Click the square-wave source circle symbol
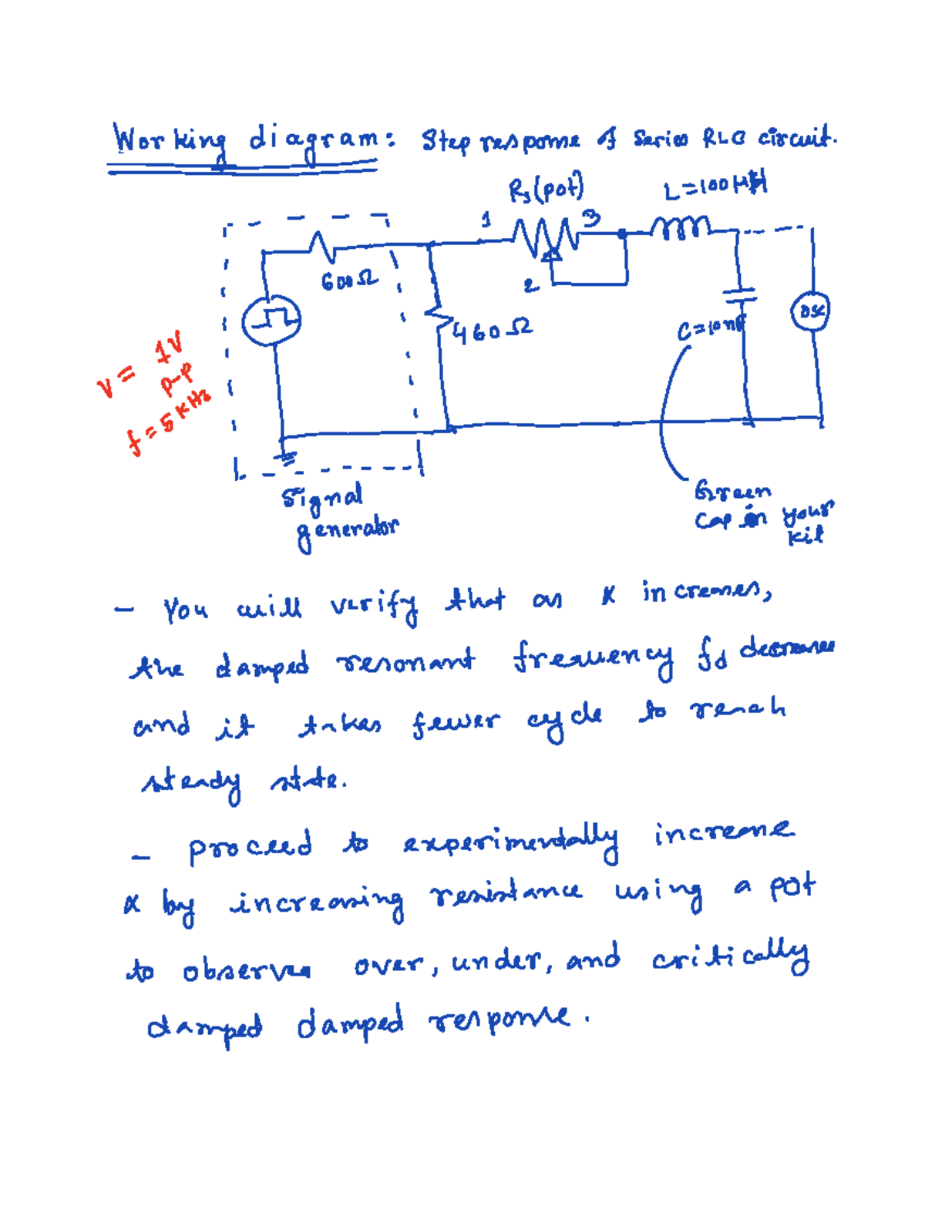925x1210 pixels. tap(271, 321)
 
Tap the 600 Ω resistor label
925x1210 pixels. tap(349, 281)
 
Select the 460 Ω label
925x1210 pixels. tap(491, 332)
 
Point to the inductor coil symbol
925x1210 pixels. tap(681, 227)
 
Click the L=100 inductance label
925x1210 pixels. tap(715, 187)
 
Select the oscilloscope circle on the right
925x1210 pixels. tap(810, 311)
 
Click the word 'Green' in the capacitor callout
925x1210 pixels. tap(732, 491)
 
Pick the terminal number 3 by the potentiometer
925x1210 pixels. tap(590, 219)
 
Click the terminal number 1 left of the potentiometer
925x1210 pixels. tap(486, 220)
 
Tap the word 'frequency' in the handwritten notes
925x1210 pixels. tap(593, 659)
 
